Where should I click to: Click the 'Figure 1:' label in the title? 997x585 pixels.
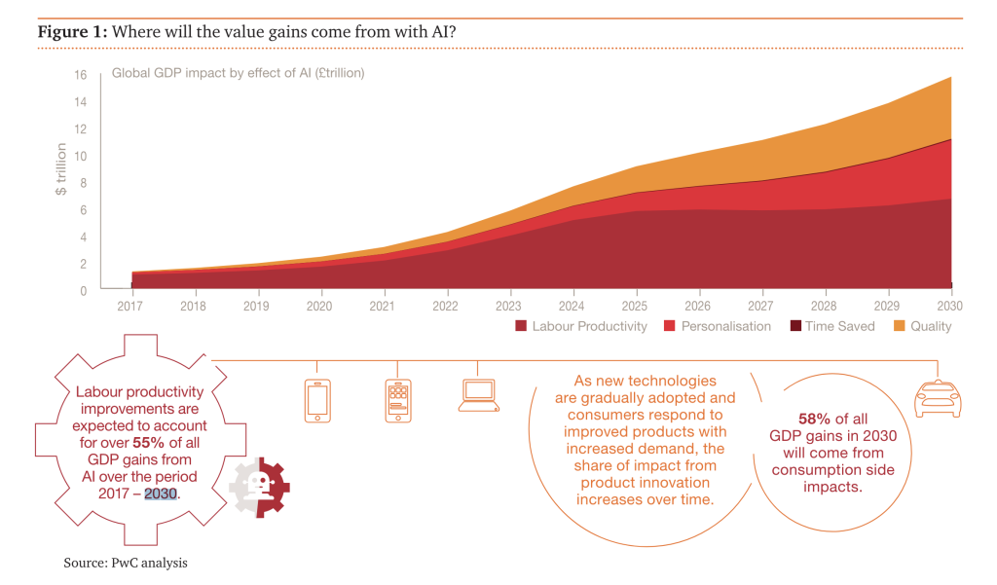point(72,32)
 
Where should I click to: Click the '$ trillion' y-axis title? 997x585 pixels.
point(61,169)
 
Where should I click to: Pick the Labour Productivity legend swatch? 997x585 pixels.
point(521,326)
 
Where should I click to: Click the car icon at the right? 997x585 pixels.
point(937,398)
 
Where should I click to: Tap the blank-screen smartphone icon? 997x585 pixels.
point(317,400)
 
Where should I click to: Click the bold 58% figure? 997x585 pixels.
point(814,418)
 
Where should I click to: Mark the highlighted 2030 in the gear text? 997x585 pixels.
point(162,493)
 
